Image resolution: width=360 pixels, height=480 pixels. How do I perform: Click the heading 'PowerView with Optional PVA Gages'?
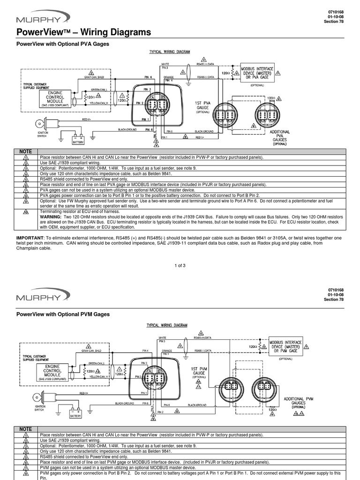tap(63, 44)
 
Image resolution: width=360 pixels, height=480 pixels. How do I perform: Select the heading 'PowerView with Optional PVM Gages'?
tap(63, 314)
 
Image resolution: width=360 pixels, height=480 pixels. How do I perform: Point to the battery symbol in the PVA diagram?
tap(77, 140)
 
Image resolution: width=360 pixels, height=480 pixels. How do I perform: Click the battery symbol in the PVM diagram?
tap(75, 413)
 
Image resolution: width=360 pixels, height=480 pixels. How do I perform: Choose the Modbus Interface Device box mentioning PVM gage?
tap(285, 346)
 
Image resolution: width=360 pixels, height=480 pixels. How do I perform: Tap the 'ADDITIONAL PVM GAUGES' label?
tap(299, 402)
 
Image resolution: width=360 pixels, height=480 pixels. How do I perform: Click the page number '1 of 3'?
tap(180, 266)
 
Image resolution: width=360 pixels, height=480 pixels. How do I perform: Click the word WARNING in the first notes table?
tap(51, 217)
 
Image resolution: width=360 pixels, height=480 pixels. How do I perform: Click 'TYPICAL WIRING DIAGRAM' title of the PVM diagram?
tap(167, 325)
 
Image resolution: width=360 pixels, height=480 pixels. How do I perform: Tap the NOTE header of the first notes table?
tap(26, 151)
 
